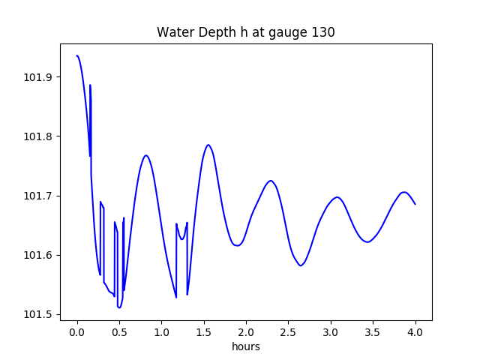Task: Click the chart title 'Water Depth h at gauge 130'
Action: coord(245,32)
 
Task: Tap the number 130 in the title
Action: coord(324,32)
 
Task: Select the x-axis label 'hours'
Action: coord(245,347)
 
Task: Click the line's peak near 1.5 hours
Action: coord(208,145)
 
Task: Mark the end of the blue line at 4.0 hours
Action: coord(415,204)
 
